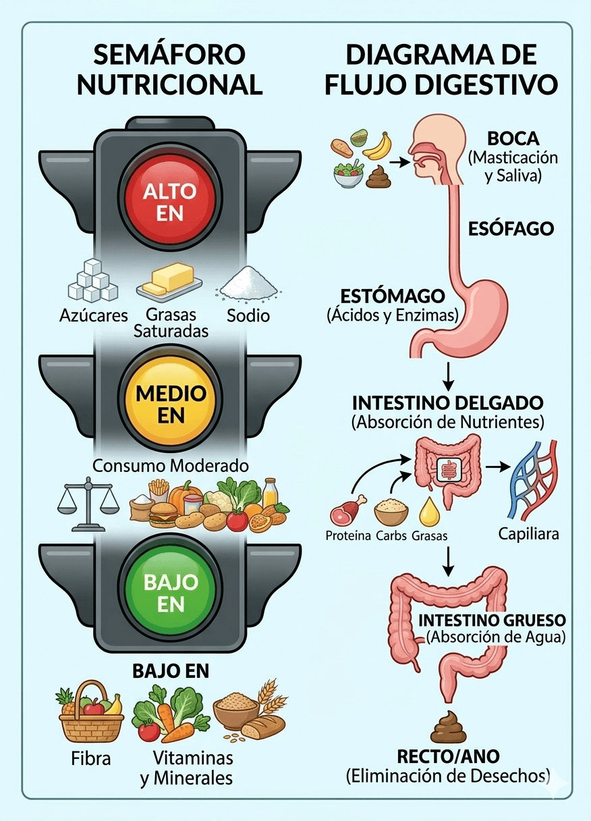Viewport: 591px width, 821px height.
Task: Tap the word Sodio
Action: tap(248, 315)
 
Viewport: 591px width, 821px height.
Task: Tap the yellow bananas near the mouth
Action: tap(378, 145)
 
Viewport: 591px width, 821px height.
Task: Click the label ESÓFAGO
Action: tap(511, 229)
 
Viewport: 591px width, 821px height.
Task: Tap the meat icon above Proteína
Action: tap(347, 512)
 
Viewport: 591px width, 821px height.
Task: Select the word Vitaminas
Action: tap(193, 757)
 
